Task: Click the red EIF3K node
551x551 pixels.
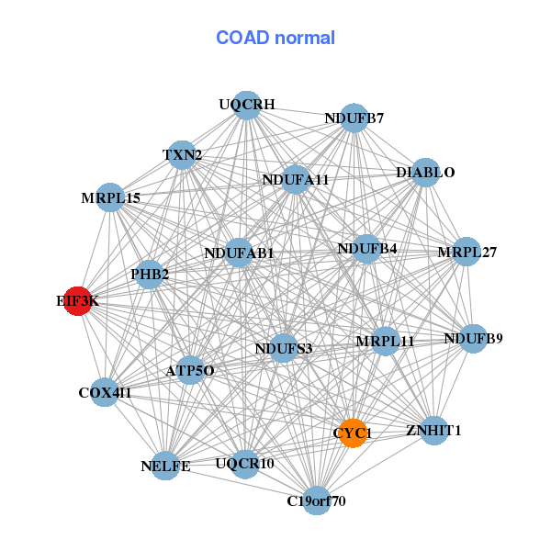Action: coord(79,301)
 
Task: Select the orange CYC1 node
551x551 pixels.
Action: coord(354,433)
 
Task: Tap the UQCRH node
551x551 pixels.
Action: coord(245,105)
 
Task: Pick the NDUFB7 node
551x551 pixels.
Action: coord(354,118)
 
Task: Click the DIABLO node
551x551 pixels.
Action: coord(424,172)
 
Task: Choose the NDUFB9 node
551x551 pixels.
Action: coord(473,339)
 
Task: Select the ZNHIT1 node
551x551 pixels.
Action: coord(433,430)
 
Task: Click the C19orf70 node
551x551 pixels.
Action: coord(317,500)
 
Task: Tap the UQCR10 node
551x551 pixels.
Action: coord(244,464)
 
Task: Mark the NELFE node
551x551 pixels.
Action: coord(165,467)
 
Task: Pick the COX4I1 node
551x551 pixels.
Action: coord(105,393)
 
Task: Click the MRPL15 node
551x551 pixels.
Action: coord(110,197)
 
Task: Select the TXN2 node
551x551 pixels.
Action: coord(182,155)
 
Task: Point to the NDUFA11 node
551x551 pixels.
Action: coord(296,180)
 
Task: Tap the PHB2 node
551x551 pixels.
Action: coord(150,274)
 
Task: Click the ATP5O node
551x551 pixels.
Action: coord(190,371)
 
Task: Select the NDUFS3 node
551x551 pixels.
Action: coord(284,348)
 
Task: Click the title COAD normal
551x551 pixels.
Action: coord(275,39)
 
